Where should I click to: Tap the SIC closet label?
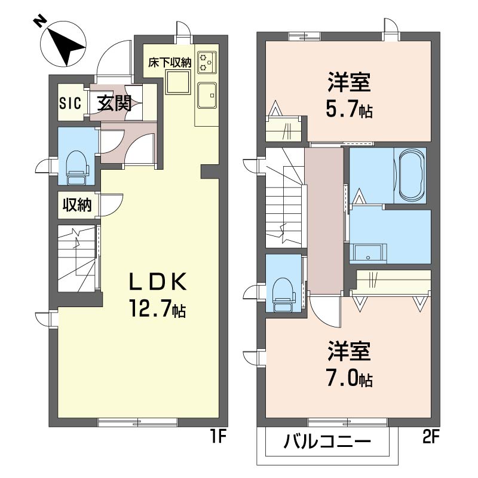pyautogui.click(x=71, y=103)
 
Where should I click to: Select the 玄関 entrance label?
pyautogui.click(x=114, y=103)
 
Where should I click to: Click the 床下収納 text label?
pyautogui.click(x=170, y=63)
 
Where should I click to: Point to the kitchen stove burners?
pyautogui.click(x=207, y=63)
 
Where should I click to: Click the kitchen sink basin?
pyautogui.click(x=207, y=96)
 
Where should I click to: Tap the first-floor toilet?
pyautogui.click(x=76, y=168)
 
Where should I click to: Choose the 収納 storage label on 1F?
pyautogui.click(x=77, y=205)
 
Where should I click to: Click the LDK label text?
pyautogui.click(x=158, y=281)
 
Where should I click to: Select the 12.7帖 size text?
pyautogui.click(x=158, y=308)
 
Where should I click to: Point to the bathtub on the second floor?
pyautogui.click(x=411, y=175)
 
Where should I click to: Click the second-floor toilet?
pyautogui.click(x=283, y=295)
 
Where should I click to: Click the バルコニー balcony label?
pyautogui.click(x=327, y=442)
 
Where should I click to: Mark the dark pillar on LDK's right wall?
pyautogui.click(x=210, y=172)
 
